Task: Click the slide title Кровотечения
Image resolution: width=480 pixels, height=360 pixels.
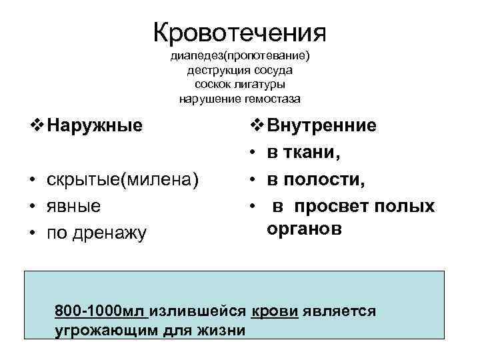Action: point(239,32)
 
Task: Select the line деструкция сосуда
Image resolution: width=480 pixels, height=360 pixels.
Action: point(240,71)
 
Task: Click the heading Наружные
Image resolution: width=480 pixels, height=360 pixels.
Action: point(96,125)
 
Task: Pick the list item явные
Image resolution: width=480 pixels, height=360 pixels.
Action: point(74,206)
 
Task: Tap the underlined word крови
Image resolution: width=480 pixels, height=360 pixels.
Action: point(275,311)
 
